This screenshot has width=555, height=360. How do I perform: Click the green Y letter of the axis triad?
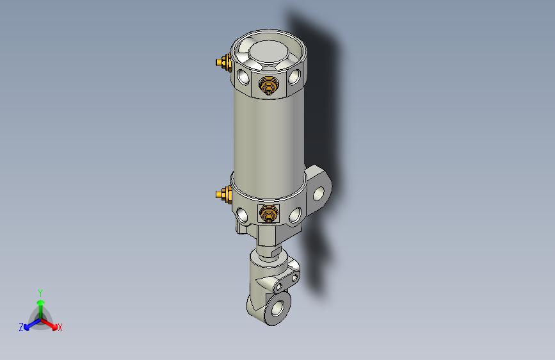[x=40, y=291]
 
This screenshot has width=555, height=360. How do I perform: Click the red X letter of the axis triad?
[x=60, y=327]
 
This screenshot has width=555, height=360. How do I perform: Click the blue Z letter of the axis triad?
[x=21, y=327]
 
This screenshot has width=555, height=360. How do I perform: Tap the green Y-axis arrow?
[x=40, y=304]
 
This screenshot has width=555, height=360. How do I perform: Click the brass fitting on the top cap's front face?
[x=268, y=85]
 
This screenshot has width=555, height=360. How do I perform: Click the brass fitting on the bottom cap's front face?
[x=268, y=214]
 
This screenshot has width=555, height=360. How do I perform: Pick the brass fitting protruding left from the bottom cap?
[x=223, y=193]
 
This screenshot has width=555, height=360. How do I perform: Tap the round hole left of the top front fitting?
[x=243, y=78]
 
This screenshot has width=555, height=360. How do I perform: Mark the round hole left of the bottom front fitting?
[x=243, y=214]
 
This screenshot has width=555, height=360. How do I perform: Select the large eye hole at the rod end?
[x=278, y=307]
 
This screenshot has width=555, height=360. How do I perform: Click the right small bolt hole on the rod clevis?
[x=294, y=279]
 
